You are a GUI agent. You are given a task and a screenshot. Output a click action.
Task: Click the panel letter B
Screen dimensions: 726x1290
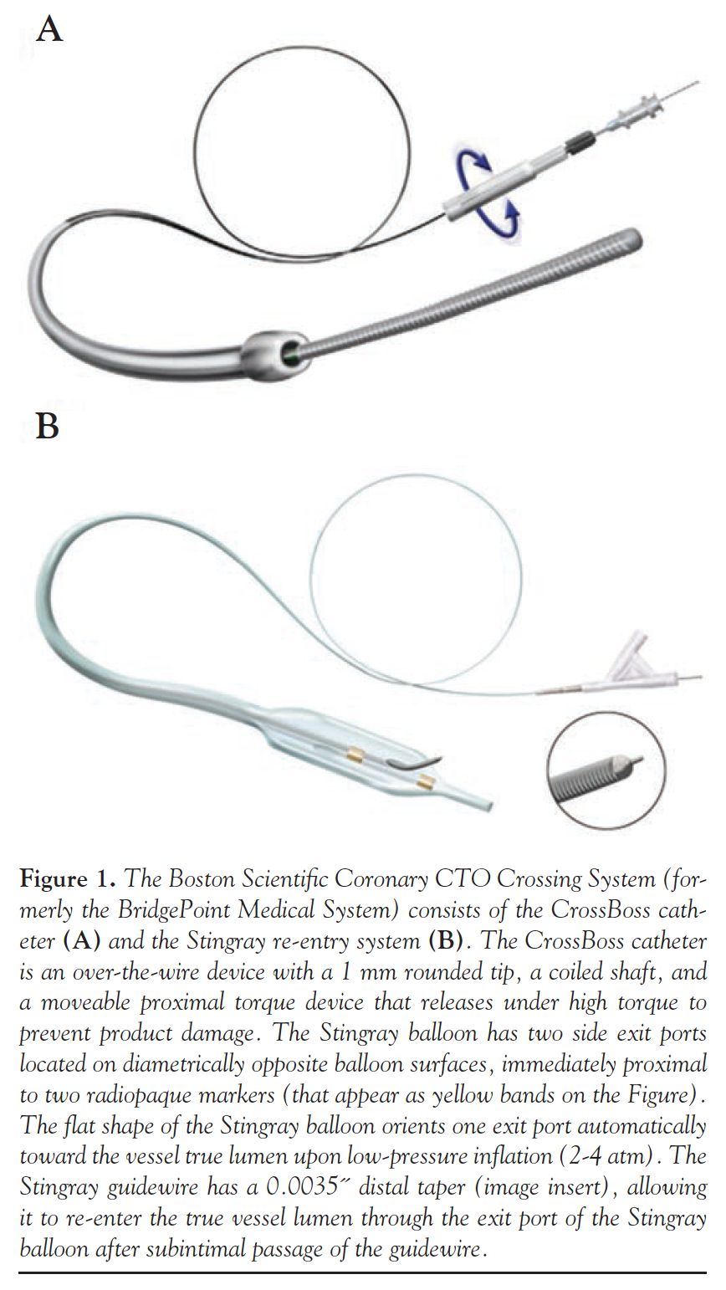pos(48,427)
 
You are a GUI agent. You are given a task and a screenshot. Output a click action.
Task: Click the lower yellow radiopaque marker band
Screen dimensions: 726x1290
pos(425,783)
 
